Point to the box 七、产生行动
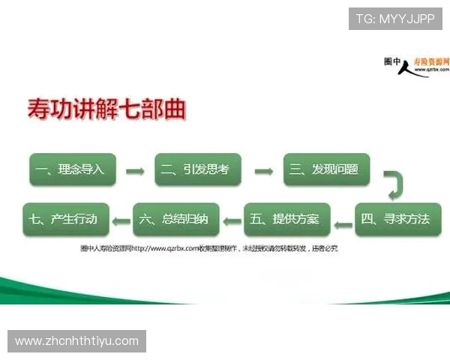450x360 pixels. tap(66, 220)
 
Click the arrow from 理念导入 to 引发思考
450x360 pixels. tap(135, 171)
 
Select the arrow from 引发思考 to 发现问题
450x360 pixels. tap(263, 171)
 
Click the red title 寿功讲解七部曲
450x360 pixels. tap(106, 111)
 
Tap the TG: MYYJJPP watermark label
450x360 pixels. tap(395, 19)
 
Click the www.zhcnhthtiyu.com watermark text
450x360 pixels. tap(77, 341)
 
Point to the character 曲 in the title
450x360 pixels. tap(175, 111)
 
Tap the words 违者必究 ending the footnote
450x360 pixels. tap(325, 248)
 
